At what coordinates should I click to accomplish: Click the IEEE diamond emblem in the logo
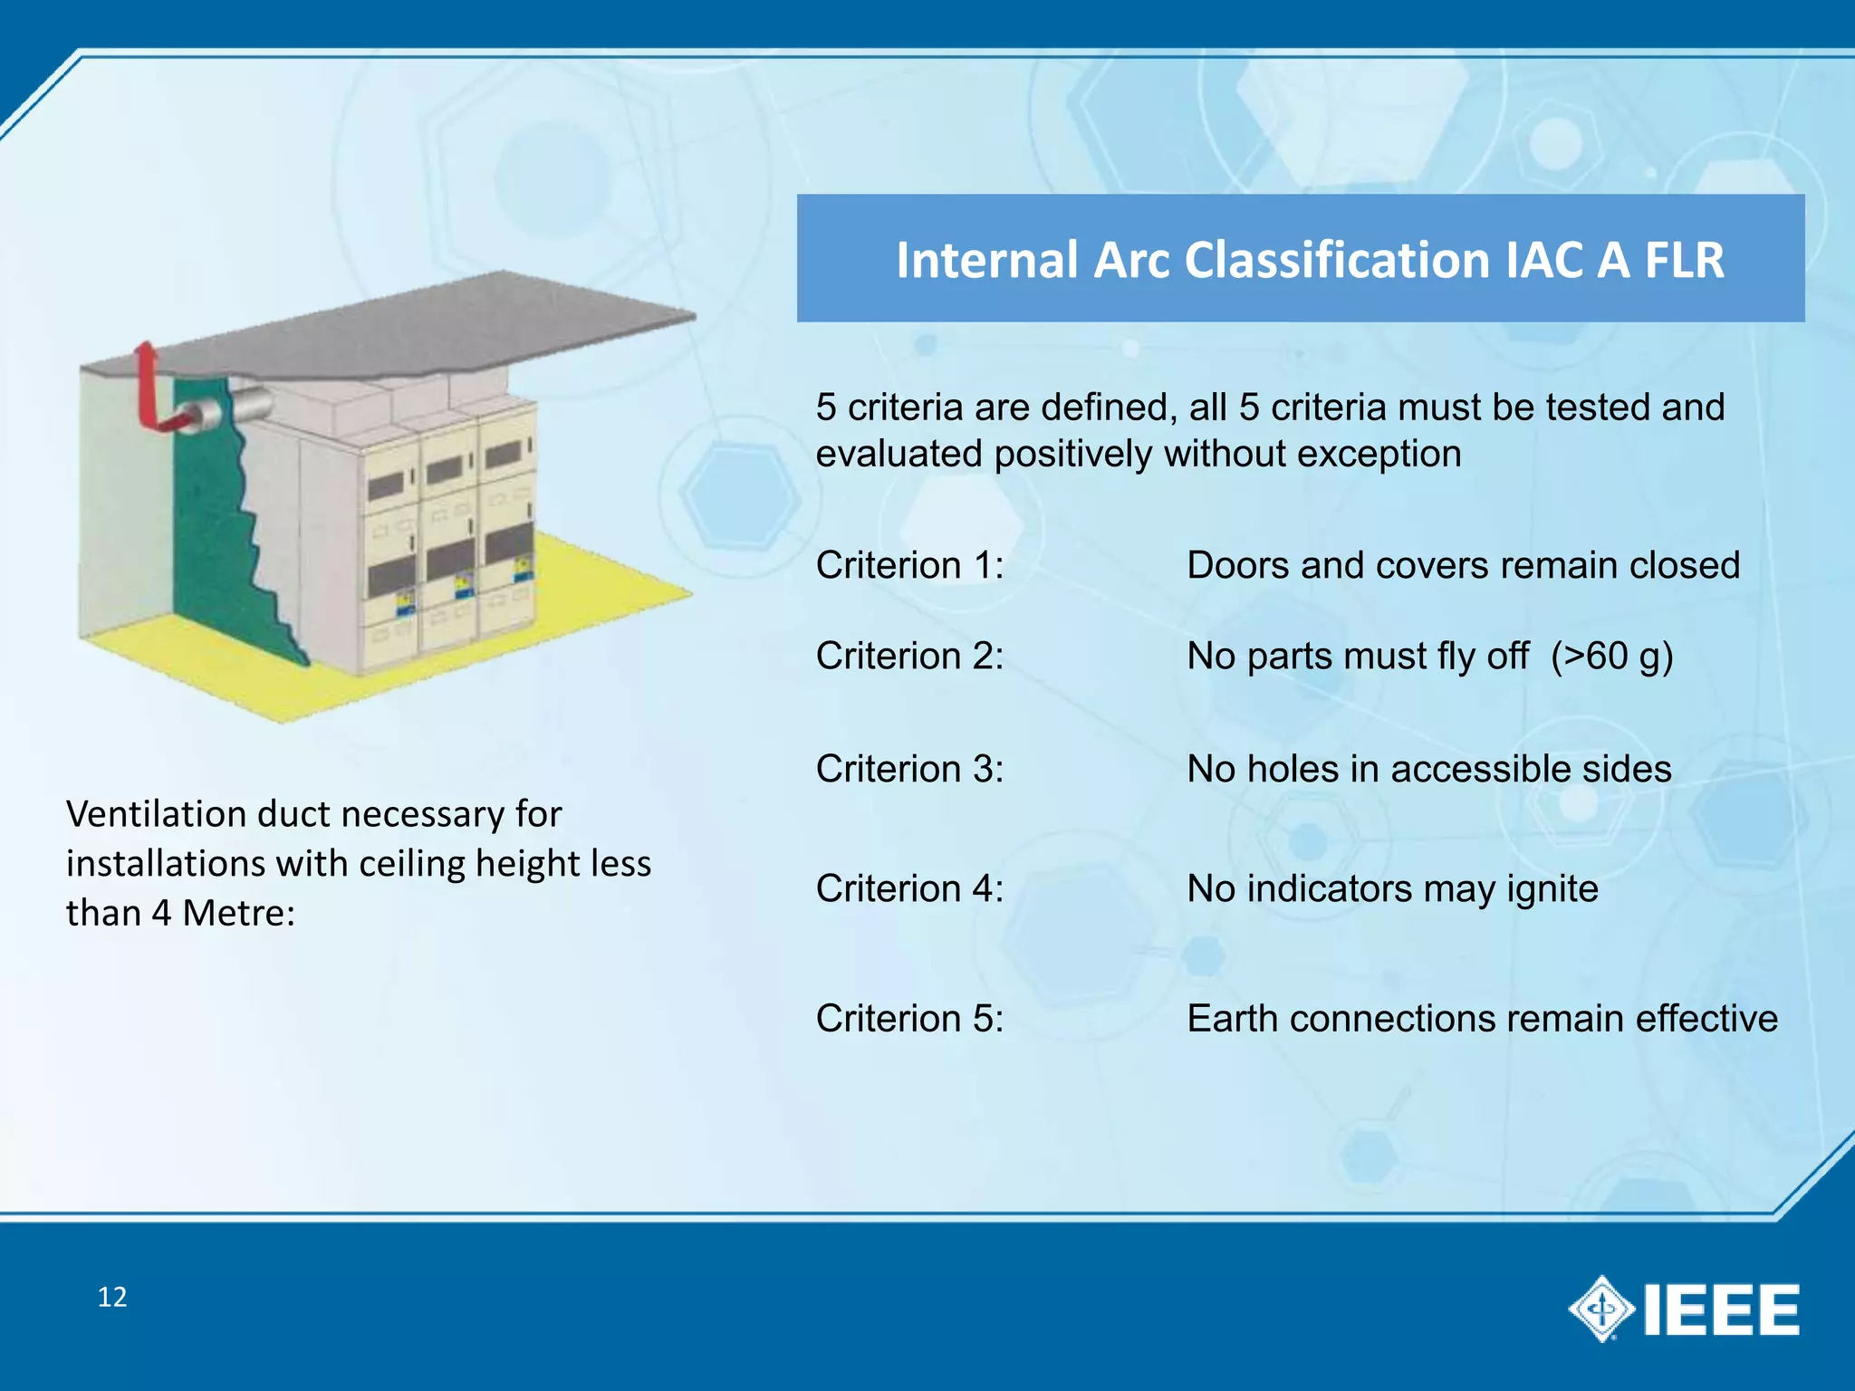(x=1600, y=1309)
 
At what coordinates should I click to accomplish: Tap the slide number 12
(x=112, y=1297)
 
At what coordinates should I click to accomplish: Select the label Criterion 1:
(x=909, y=565)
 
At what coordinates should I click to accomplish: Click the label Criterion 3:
(x=909, y=769)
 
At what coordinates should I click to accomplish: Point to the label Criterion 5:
(x=909, y=1019)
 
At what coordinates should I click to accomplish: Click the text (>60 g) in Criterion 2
(x=1611, y=657)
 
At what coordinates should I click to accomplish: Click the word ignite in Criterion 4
(x=1552, y=889)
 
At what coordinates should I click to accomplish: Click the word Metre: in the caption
(x=238, y=913)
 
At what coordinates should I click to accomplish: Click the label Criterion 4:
(x=909, y=889)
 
